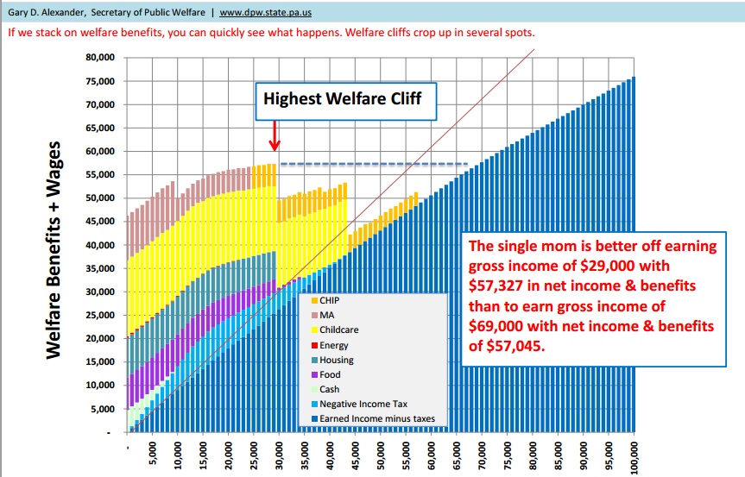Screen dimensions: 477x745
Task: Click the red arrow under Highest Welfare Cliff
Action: [273, 135]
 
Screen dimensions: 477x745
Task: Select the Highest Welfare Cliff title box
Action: [343, 98]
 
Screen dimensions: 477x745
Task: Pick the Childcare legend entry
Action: [338, 330]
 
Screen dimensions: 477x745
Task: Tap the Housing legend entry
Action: [336, 360]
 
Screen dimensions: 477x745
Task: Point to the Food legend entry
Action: [330, 374]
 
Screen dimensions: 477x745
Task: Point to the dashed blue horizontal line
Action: [374, 164]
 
